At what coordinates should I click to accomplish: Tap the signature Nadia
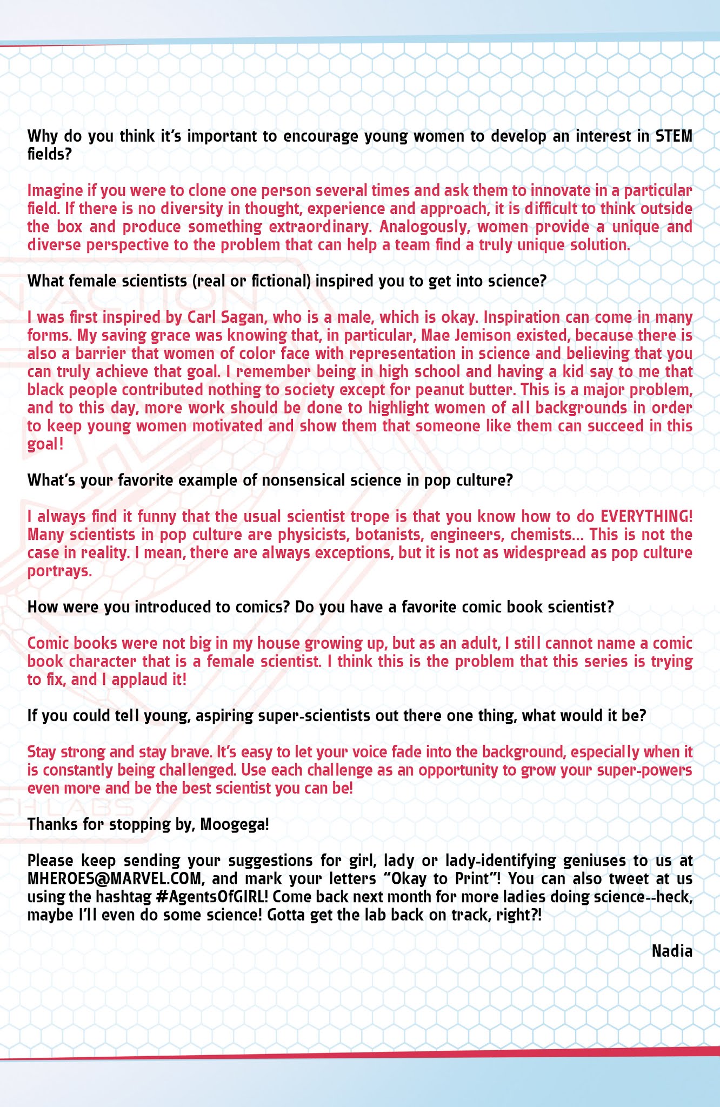pyautogui.click(x=672, y=951)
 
